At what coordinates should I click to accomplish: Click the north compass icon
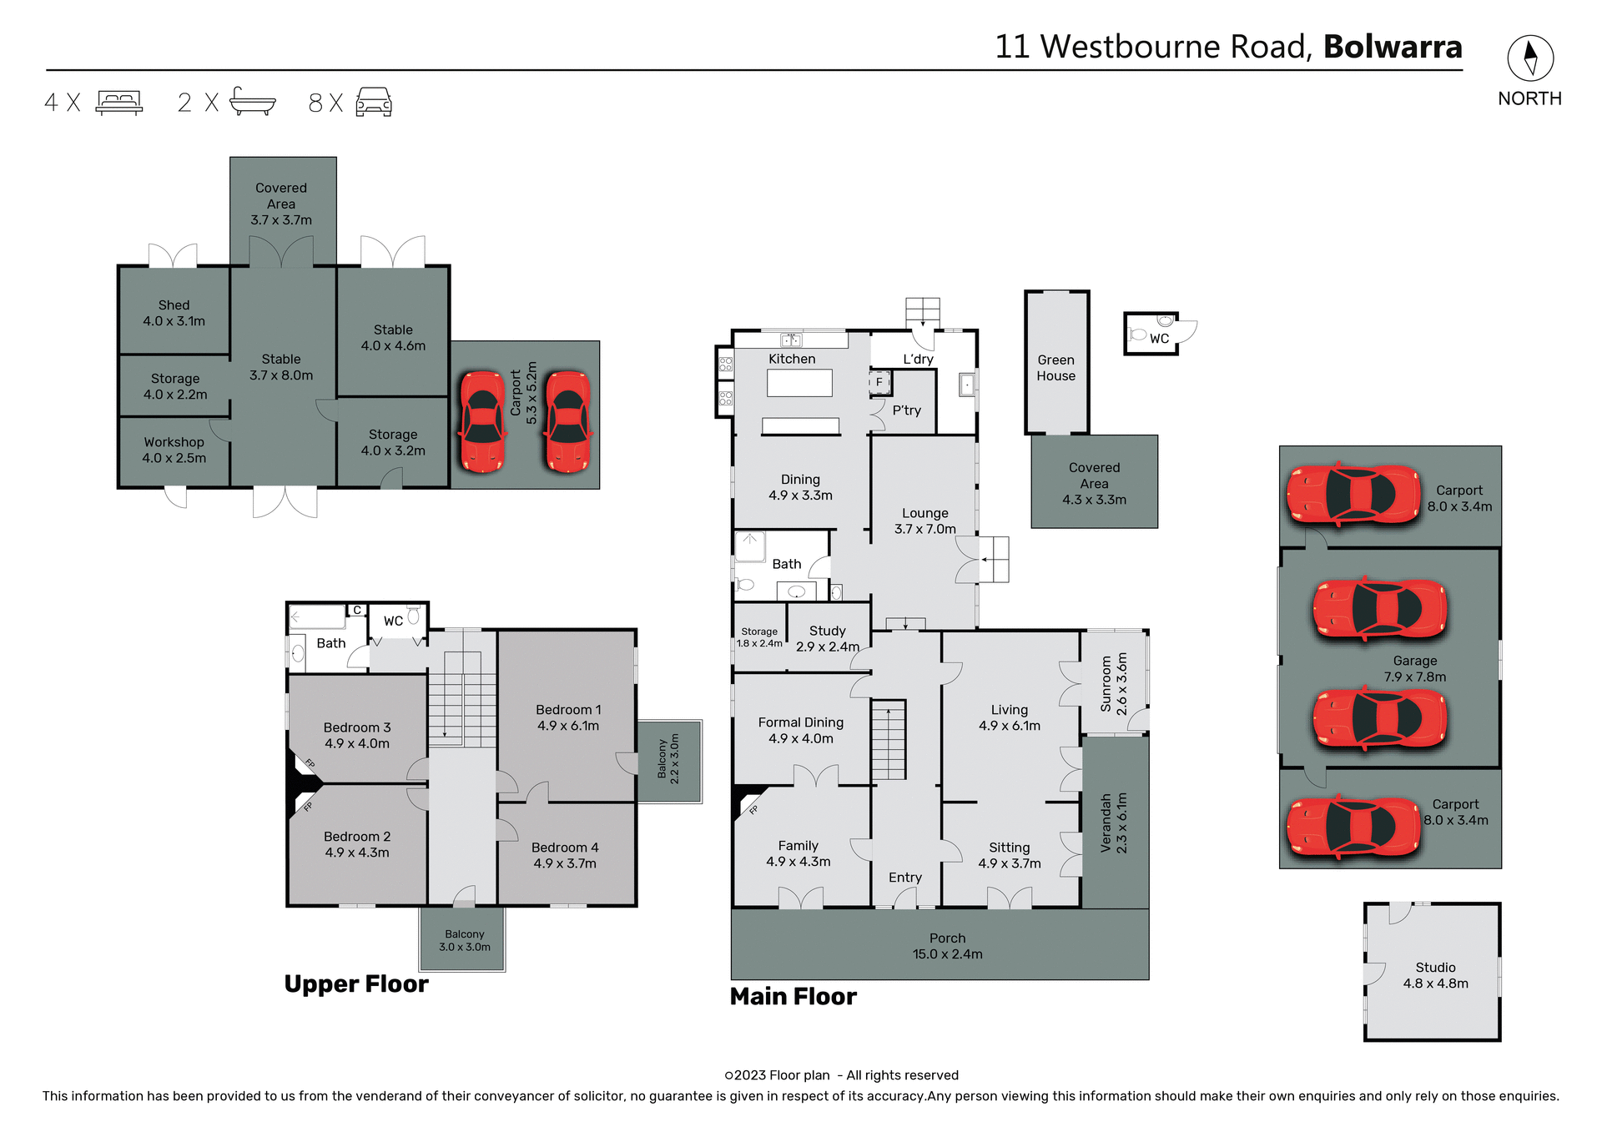1529,58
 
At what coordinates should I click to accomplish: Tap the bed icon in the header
119,102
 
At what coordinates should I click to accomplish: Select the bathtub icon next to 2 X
252,101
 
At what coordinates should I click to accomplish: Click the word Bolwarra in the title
1393,47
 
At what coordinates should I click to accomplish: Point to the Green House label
1055,368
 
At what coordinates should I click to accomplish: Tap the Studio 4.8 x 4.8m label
1435,975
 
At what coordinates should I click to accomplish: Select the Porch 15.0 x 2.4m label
947,946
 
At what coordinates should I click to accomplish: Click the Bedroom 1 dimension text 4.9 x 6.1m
568,726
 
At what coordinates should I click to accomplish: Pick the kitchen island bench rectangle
799,383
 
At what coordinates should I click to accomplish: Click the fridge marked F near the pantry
879,382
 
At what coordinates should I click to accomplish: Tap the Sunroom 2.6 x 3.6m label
1114,683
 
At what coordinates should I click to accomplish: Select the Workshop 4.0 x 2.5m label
174,450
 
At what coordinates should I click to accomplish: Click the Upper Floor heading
356,984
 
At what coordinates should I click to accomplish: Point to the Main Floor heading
793,997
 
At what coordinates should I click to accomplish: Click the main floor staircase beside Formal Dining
889,739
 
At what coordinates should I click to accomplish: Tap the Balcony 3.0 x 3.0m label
464,940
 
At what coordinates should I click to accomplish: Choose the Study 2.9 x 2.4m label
827,639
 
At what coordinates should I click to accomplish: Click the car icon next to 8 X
374,102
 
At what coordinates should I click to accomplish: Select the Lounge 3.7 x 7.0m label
924,521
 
